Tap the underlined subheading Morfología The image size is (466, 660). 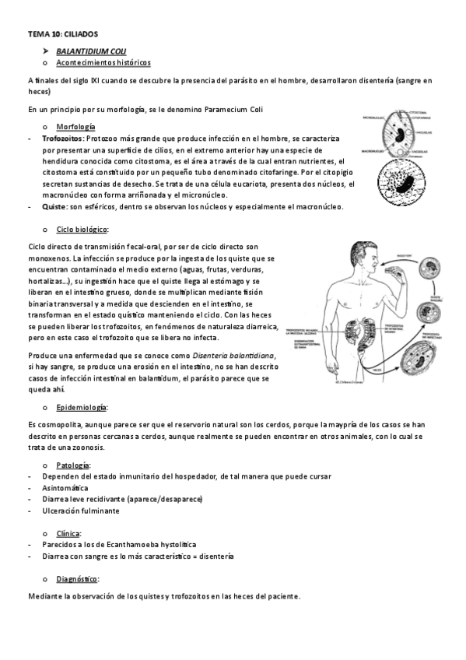(76, 126)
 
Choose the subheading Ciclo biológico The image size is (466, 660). (82, 230)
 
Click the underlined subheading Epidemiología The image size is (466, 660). (82, 407)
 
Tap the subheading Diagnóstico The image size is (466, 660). (78, 579)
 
